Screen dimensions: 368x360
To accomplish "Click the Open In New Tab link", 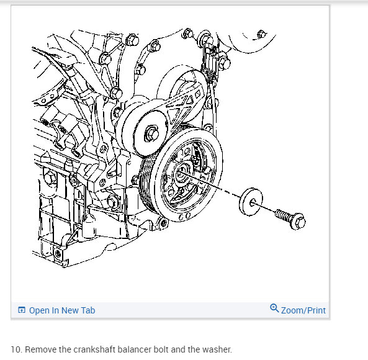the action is click(x=62, y=310).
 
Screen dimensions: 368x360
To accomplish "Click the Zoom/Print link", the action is click(x=303, y=310).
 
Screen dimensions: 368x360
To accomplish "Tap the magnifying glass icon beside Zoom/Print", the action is click(x=274, y=308).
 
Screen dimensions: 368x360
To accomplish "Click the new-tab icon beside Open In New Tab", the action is click(x=22, y=310).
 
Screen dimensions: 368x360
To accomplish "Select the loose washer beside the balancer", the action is click(x=251, y=202).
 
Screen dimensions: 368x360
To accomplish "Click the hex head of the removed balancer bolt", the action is click(x=298, y=222).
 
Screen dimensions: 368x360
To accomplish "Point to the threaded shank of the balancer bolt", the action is click(x=283, y=215).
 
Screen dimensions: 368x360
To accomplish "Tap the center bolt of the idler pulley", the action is click(x=151, y=134).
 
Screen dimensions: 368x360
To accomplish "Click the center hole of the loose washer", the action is click(x=253, y=202).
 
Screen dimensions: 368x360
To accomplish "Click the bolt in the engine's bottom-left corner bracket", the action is click(x=58, y=254).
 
